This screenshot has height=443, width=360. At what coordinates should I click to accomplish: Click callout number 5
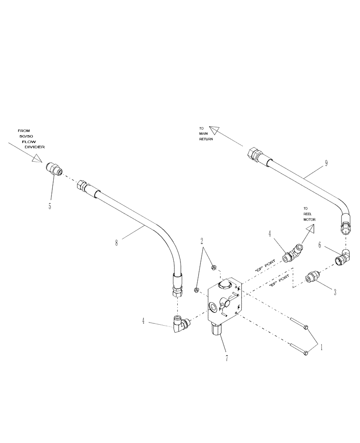(50, 206)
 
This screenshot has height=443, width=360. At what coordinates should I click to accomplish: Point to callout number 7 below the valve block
(227, 358)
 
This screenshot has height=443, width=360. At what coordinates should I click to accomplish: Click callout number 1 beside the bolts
(322, 347)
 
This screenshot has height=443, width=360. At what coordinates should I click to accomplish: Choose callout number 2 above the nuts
(202, 241)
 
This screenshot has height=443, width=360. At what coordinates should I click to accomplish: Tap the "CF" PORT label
(265, 268)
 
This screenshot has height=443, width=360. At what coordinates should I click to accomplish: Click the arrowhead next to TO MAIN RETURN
(215, 129)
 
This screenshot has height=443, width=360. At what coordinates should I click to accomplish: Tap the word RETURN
(206, 139)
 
